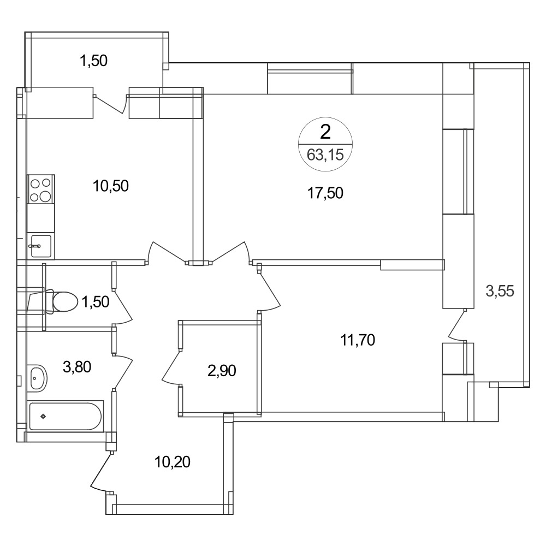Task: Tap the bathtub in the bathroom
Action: [65, 416]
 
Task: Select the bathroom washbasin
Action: [38, 378]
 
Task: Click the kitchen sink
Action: [41, 246]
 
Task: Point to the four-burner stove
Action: [41, 189]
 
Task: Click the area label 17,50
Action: [325, 193]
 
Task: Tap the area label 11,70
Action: [358, 340]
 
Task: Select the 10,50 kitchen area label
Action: [111, 186]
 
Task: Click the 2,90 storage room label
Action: [222, 371]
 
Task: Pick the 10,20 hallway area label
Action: [173, 462]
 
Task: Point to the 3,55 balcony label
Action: [500, 291]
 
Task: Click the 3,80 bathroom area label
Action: [77, 367]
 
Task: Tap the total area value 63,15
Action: [325, 155]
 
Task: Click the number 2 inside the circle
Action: [325, 132]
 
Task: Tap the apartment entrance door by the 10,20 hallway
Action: [101, 472]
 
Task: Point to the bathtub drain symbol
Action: [43, 416]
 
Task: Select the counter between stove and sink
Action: [41, 218]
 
